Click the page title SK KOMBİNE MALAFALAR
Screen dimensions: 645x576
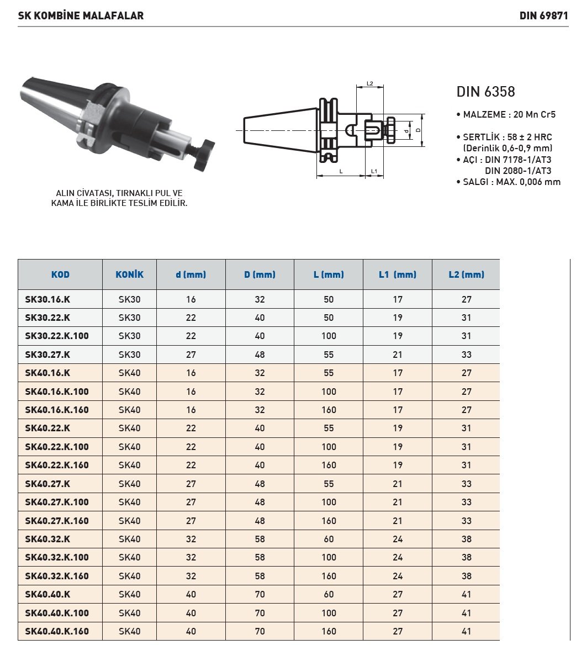click(81, 15)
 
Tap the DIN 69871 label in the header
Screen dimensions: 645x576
click(543, 15)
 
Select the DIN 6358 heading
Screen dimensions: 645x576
click(485, 92)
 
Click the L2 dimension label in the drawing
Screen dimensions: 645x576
click(370, 84)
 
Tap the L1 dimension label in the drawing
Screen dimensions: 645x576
click(374, 172)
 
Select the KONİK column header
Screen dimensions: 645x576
click(129, 274)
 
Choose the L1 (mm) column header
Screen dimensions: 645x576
click(397, 274)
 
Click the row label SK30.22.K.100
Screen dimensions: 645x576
click(57, 336)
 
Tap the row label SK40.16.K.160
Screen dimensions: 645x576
click(57, 410)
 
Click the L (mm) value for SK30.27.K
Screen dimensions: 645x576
click(329, 355)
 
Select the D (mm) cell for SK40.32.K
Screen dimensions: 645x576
click(260, 539)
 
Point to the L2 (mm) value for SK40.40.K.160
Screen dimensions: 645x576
click(466, 631)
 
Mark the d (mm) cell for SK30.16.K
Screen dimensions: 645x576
click(191, 299)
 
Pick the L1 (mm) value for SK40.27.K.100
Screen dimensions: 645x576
click(397, 502)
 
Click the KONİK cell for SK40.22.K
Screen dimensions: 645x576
click(129, 428)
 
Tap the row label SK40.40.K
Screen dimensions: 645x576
click(47, 594)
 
